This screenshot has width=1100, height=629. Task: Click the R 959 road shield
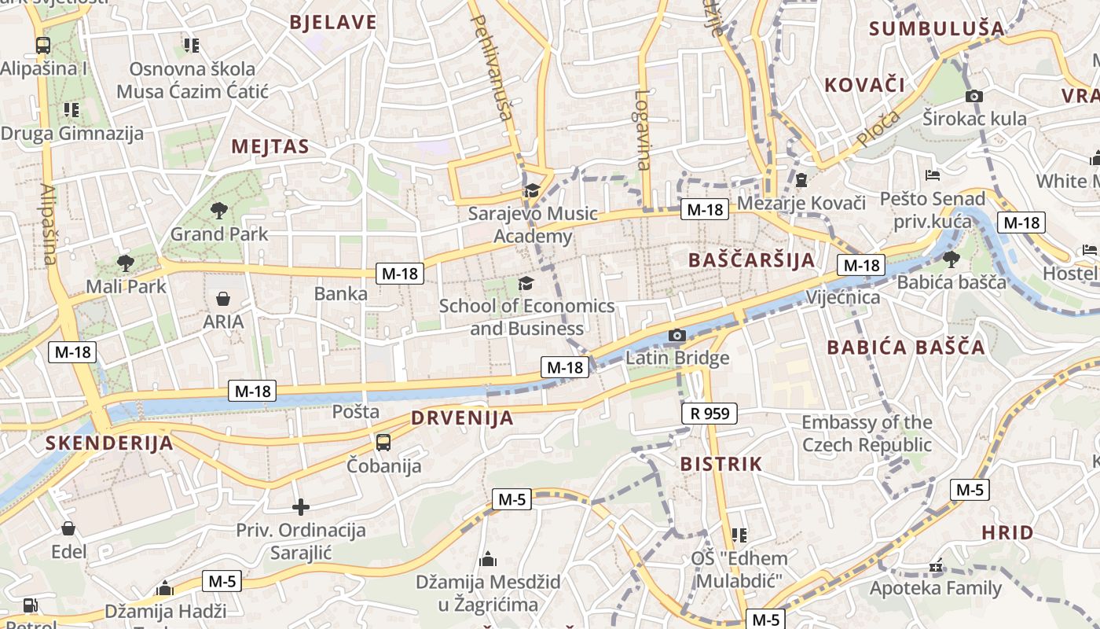[709, 413]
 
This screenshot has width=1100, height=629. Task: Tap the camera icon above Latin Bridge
[676, 336]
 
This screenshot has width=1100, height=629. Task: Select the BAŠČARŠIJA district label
[751, 260]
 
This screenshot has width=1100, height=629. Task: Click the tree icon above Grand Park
[218, 210]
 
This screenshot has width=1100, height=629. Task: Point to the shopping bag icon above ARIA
[223, 299]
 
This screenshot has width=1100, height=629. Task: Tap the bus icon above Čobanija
[383, 443]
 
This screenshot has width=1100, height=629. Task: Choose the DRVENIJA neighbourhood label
[462, 417]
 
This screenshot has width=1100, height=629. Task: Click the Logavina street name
[643, 130]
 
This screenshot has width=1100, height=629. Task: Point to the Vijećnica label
[843, 298]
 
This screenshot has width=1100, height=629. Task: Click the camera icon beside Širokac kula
[974, 96]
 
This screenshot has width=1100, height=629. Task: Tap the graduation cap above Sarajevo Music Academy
[532, 190]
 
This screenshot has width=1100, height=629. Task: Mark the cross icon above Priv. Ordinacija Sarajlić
[301, 507]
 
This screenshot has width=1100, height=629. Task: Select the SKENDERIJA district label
[109, 443]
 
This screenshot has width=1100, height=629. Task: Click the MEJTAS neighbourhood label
[269, 147]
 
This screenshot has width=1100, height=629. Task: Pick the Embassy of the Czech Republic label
[866, 433]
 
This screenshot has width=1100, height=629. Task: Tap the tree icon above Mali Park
[125, 263]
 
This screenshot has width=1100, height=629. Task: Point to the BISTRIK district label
[721, 464]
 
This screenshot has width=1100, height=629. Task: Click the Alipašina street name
[47, 224]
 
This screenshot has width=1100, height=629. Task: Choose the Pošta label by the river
[355, 411]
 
